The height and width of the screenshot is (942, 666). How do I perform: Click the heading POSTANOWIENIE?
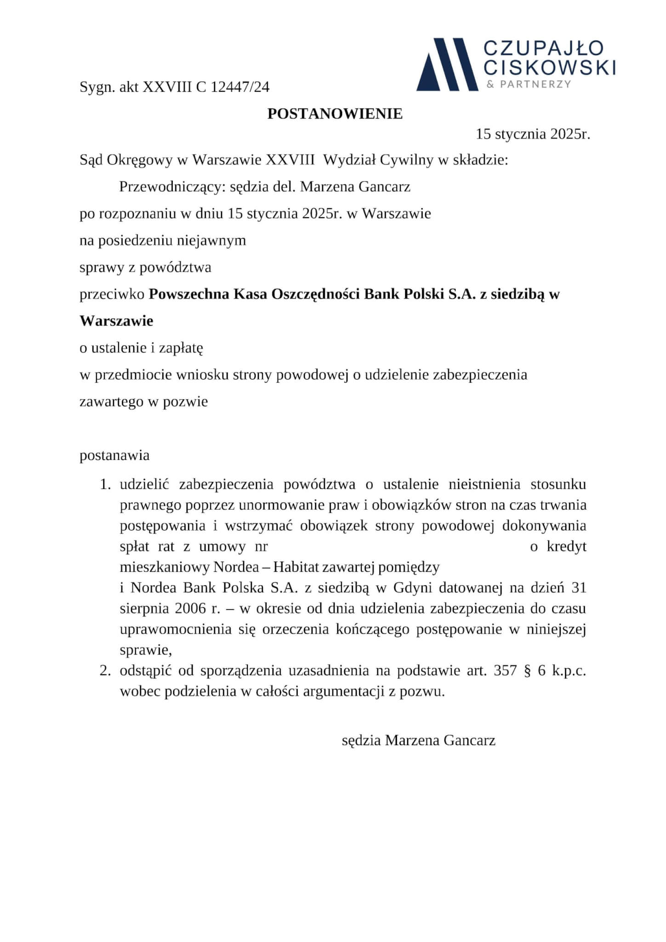[x=335, y=114]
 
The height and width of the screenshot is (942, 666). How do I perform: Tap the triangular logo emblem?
[x=447, y=64]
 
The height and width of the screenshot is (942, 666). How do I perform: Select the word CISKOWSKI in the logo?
[x=550, y=67]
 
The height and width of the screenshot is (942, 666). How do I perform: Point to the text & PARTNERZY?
[x=529, y=84]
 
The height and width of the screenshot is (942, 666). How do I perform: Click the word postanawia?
[x=114, y=455]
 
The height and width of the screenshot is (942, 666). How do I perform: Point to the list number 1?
[x=105, y=484]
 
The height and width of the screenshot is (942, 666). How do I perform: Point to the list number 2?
[x=105, y=671]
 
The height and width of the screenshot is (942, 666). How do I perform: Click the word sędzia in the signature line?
[x=361, y=740]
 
